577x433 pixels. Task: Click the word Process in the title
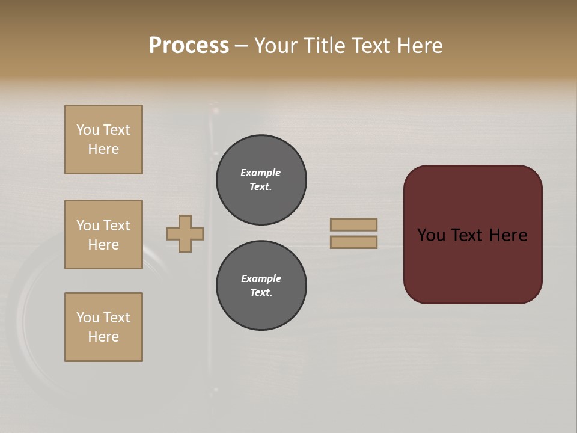tap(189, 46)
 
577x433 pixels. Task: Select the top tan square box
tap(103, 140)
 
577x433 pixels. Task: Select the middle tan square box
tap(103, 235)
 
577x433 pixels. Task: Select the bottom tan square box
tap(103, 327)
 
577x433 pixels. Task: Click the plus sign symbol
tap(185, 233)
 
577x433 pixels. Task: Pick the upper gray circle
tap(261, 180)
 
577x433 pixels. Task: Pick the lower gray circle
tap(261, 286)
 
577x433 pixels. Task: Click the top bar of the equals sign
tap(353, 224)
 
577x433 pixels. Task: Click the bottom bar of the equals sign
tap(353, 242)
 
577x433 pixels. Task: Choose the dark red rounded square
tap(472, 235)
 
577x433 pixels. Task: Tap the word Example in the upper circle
tap(261, 173)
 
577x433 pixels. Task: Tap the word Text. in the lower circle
tap(261, 293)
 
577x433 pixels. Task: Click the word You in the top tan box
tap(88, 130)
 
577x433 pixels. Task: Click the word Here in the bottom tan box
tap(103, 337)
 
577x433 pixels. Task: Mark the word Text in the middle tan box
tap(117, 226)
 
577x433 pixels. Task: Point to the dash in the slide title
tap(242, 46)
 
